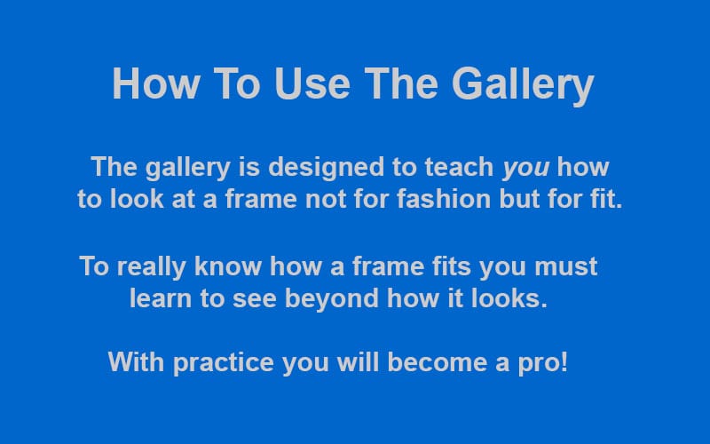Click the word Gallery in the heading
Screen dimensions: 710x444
pos(523,83)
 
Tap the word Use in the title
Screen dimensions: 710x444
pos(312,83)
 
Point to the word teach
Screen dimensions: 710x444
pos(459,167)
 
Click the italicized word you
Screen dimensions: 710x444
pos(526,168)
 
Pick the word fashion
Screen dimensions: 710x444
pos(444,199)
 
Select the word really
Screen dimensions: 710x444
pos(151,267)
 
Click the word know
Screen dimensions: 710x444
pos(228,266)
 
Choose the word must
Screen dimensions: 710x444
pos(566,267)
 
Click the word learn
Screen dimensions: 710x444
pos(161,298)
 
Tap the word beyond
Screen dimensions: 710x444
pos(331,299)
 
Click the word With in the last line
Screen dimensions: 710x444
pos(136,362)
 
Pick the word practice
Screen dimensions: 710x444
pos(224,363)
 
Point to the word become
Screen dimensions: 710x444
pos(437,362)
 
